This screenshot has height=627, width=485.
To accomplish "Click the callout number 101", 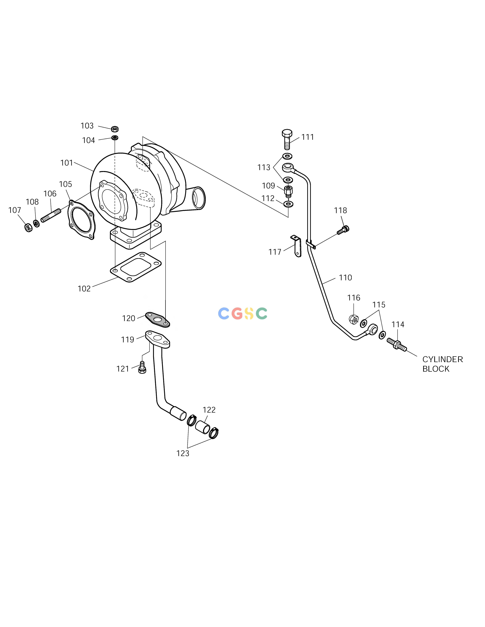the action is tap(67, 163).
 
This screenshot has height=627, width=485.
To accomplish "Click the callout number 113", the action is tap(264, 167).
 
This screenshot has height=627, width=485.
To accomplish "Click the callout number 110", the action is tap(345, 278).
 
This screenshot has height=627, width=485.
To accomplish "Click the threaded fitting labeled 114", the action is tap(397, 344).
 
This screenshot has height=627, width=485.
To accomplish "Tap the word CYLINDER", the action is tap(442, 359).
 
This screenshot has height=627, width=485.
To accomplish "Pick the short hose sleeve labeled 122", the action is tap(203, 427).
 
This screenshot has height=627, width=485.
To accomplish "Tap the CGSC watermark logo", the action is tap(243, 313).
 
